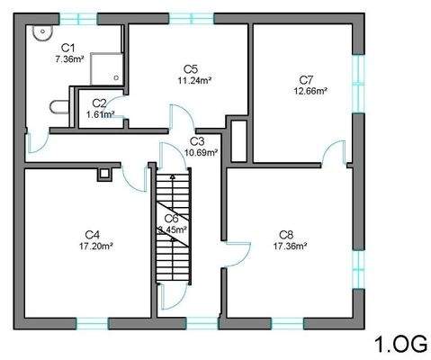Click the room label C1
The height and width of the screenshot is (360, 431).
coord(67,48)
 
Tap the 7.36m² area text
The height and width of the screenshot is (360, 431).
coord(68,59)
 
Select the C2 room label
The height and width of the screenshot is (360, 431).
coord(99,103)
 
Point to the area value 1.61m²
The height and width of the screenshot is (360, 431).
coord(100,114)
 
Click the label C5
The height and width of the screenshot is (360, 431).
coord(191,68)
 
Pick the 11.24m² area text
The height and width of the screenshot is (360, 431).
coord(193,80)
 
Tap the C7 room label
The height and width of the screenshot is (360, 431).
coord(307,78)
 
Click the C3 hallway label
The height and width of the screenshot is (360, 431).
coord(197,140)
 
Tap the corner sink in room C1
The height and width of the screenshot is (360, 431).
coord(40,34)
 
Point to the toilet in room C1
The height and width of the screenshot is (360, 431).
coord(58,107)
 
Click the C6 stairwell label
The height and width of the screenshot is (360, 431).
coord(171,218)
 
